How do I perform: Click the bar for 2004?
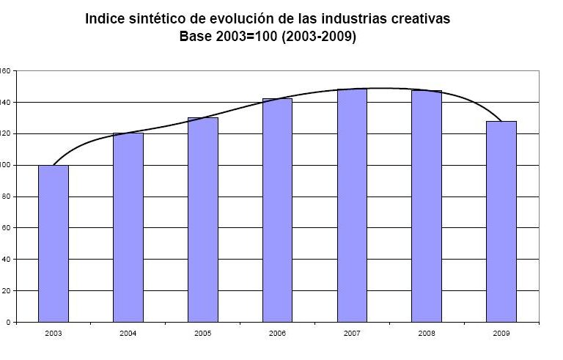(x=128, y=227)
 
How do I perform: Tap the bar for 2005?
(x=203, y=219)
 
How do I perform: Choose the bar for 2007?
(x=353, y=205)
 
